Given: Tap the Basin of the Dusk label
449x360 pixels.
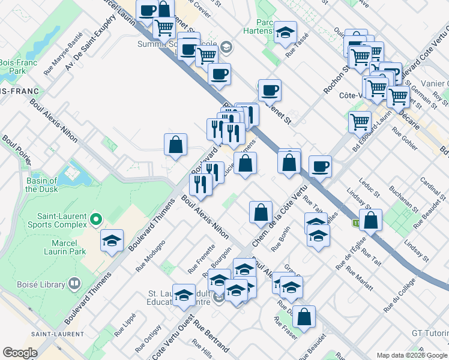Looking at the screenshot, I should tap(41, 185).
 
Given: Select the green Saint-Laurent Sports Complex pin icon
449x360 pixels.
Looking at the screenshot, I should tap(96, 220).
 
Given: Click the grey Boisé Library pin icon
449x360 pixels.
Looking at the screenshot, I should tap(74, 282).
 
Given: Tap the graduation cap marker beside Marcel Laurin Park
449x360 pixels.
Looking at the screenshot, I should tap(112, 242).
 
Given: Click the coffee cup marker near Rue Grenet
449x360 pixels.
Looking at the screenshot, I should tap(270, 91).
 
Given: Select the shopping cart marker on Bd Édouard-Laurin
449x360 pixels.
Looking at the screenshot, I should tap(360, 122).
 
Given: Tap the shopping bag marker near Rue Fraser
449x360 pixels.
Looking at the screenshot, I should tap(304, 317).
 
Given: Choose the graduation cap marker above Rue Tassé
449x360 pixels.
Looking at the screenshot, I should tap(285, 32).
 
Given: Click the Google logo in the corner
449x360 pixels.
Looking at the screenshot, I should tap(20, 353).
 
